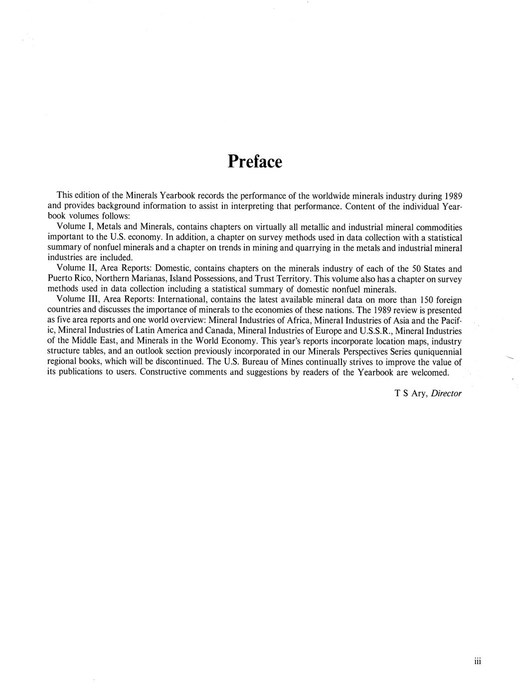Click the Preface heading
(255, 162)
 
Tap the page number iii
(477, 662)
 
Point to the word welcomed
(430, 372)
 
